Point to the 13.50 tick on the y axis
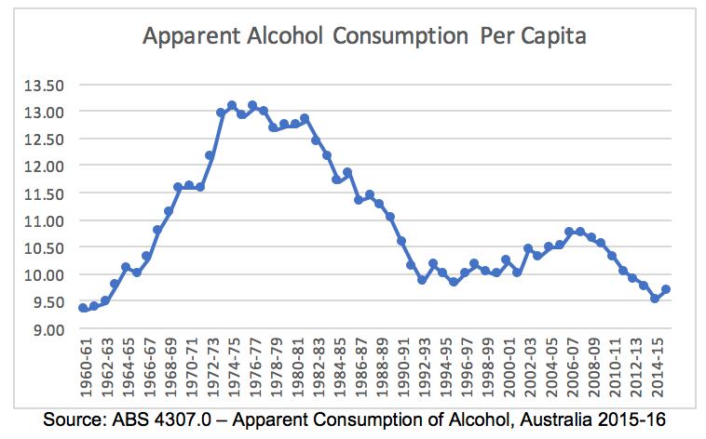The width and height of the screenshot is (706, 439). point(42,85)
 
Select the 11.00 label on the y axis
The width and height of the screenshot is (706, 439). point(42,220)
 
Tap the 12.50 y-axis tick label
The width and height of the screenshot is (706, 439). point(42,139)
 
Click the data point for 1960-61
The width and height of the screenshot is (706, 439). point(84,308)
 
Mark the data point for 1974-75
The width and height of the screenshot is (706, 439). point(232,105)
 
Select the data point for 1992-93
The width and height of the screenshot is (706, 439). point(422,280)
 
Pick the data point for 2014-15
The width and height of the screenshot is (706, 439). point(655,299)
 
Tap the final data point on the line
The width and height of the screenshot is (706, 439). point(666,289)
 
